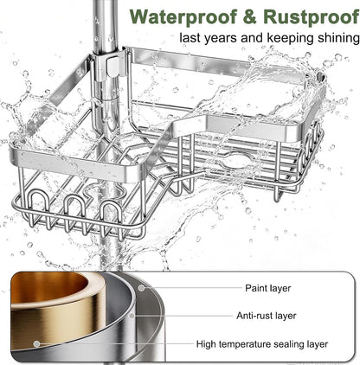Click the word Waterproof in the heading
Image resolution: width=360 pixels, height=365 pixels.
183,17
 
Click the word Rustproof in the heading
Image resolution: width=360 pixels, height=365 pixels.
312,17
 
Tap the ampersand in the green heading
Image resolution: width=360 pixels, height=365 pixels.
250,16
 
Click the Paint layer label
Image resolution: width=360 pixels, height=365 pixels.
268,288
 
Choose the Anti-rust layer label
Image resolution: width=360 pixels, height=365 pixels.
267,316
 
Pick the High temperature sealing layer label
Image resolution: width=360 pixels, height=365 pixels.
262,344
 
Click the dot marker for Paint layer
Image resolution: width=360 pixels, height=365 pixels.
141,288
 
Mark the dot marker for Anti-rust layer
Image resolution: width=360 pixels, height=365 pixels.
132,316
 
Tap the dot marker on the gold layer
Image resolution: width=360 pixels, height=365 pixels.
36,343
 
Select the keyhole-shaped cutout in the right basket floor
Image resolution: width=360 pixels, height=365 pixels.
237,162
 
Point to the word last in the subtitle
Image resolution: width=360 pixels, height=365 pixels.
190,38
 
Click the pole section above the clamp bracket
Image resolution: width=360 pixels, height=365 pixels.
105,25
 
